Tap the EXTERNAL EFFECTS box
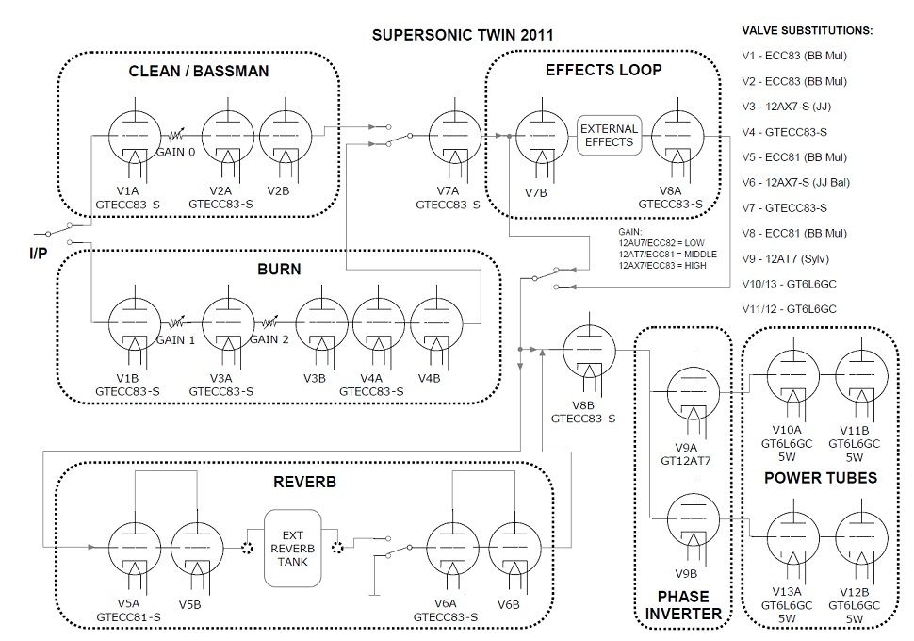point(609,135)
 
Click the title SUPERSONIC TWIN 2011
point(462,35)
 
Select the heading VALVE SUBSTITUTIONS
point(807,30)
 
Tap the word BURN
point(279,270)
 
